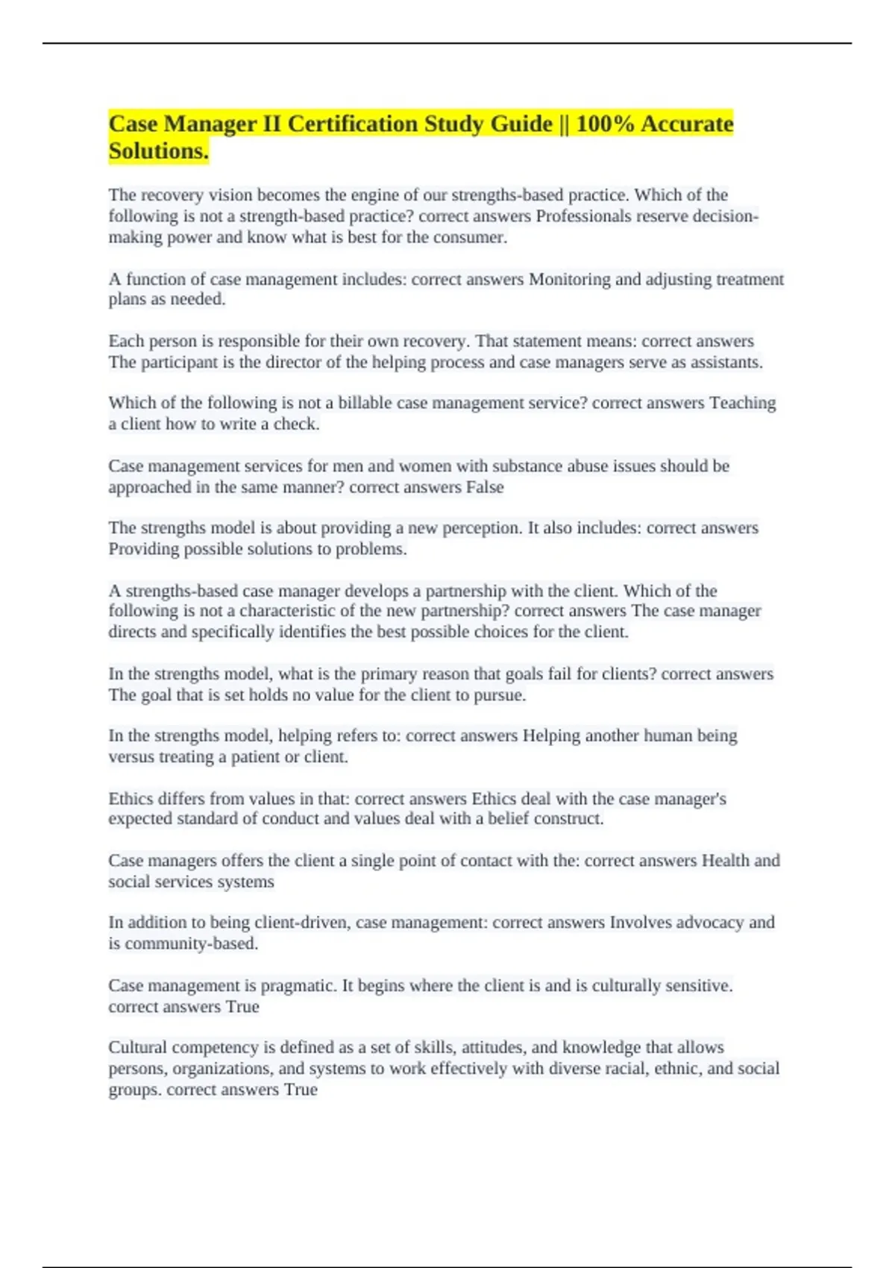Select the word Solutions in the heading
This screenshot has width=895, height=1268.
click(157, 151)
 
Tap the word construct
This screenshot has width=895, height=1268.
click(571, 819)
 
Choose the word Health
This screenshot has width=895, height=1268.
click(725, 861)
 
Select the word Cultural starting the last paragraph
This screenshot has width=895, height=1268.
click(136, 1047)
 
